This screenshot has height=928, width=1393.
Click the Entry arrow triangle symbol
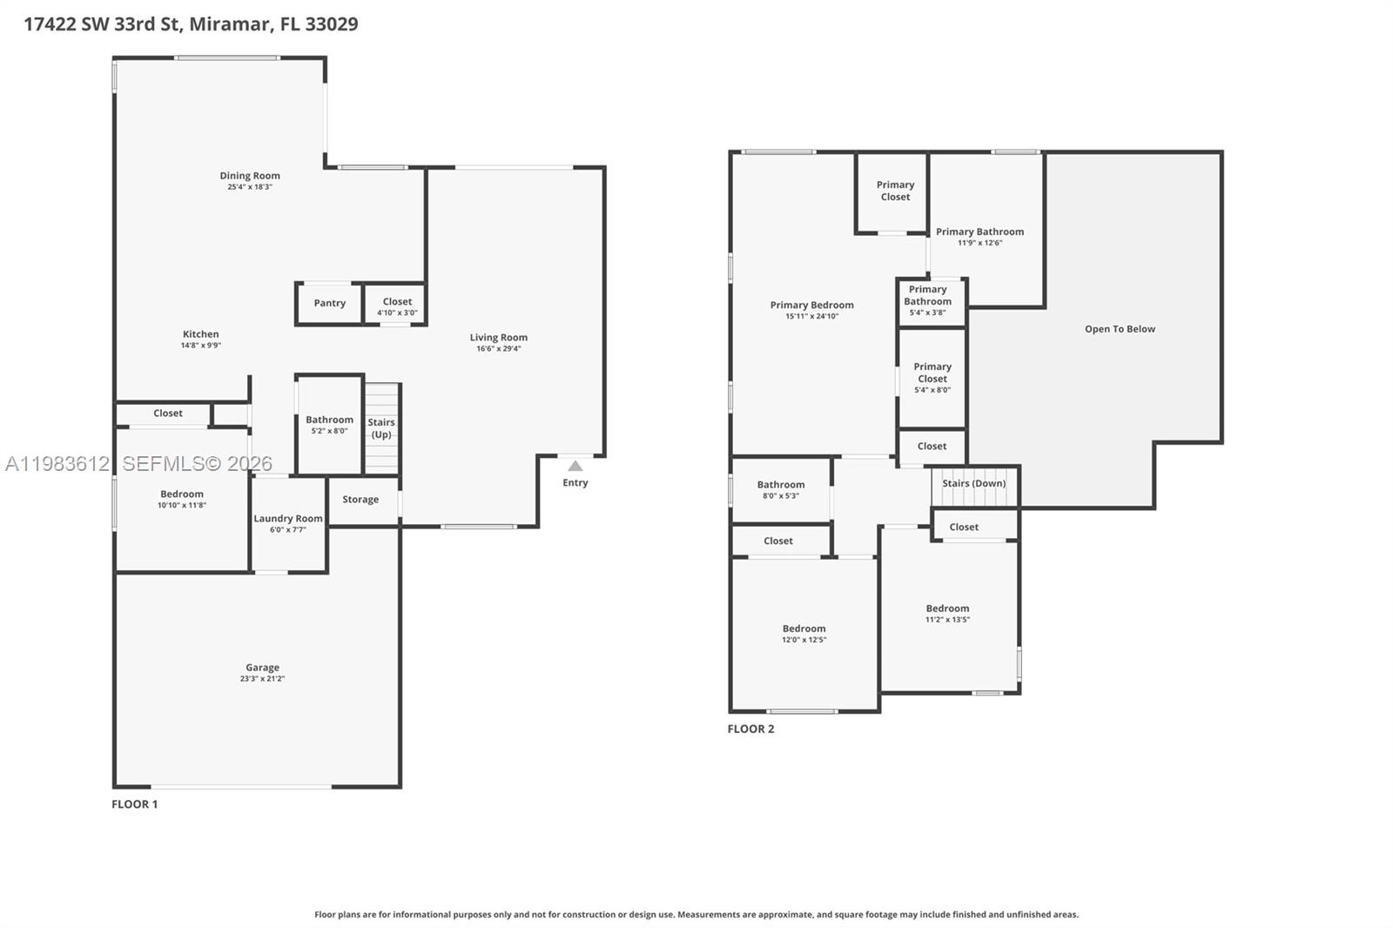pyautogui.click(x=575, y=467)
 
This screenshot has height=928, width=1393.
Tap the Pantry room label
pyautogui.click(x=329, y=303)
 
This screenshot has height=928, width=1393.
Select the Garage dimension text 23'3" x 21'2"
pyautogui.click(x=262, y=679)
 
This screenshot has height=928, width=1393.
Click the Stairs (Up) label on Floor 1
pyautogui.click(x=381, y=428)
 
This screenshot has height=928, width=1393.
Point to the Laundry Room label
pyautogui.click(x=288, y=519)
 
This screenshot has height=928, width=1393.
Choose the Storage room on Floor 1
pyautogui.click(x=360, y=500)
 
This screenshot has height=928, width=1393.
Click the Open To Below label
pyautogui.click(x=1120, y=329)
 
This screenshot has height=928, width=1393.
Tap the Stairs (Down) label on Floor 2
pyautogui.click(x=973, y=483)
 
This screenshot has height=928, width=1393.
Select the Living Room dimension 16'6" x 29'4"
pyautogui.click(x=498, y=349)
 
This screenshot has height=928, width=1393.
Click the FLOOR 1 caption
pyautogui.click(x=135, y=804)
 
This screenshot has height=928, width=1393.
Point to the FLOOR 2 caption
pyautogui.click(x=750, y=730)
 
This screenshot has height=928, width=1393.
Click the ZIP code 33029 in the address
pyautogui.click(x=332, y=24)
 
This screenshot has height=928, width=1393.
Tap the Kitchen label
pyautogui.click(x=200, y=334)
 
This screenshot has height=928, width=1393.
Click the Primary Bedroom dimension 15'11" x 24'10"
pyautogui.click(x=811, y=317)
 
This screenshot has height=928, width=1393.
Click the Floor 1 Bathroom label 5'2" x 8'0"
pyautogui.click(x=329, y=420)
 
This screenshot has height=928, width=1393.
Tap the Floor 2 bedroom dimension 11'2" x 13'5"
pyautogui.click(x=947, y=620)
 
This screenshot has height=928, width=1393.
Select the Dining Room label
pyautogui.click(x=250, y=176)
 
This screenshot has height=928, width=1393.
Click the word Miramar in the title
pyautogui.click(x=229, y=24)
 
